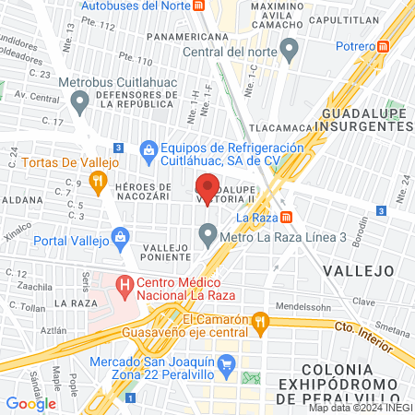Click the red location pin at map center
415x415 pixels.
point(208,186)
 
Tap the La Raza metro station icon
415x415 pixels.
point(287,218)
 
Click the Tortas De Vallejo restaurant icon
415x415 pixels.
point(128,161)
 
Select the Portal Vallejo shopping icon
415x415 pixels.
point(123,241)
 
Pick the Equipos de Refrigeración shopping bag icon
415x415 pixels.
point(148,148)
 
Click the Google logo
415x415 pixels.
point(30,403)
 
